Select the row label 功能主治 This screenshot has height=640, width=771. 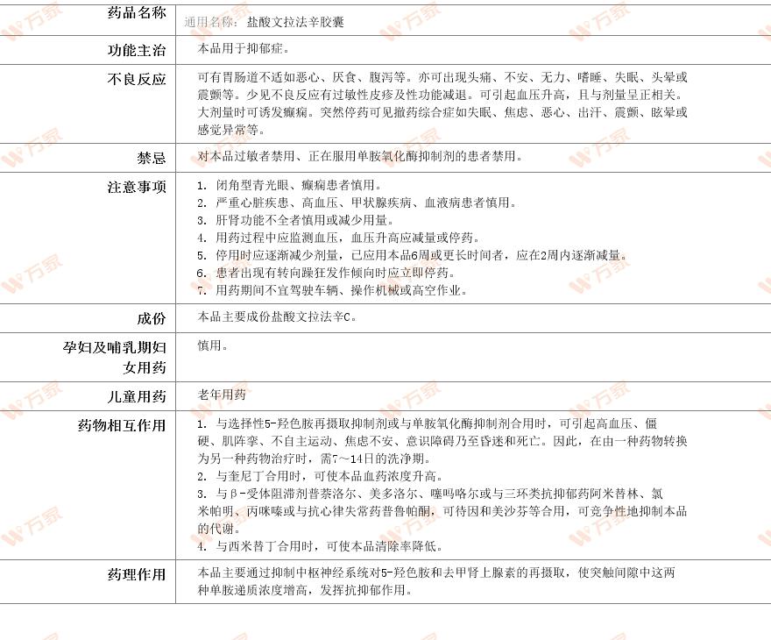click(x=135, y=51)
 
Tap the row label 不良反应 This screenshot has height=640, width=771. click(x=135, y=80)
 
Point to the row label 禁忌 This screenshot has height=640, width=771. click(x=151, y=159)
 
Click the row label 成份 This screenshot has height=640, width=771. click(x=151, y=319)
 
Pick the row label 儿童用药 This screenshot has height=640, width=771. click(x=135, y=397)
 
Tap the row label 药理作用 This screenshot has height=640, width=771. click(x=135, y=575)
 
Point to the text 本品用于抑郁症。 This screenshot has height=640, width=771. click(x=244, y=48)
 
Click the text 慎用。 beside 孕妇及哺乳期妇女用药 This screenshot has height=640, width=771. click(x=213, y=345)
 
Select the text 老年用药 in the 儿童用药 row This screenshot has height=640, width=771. click(x=222, y=395)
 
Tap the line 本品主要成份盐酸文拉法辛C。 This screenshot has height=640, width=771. click(x=277, y=316)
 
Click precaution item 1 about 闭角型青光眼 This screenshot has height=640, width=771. click(x=290, y=186)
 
